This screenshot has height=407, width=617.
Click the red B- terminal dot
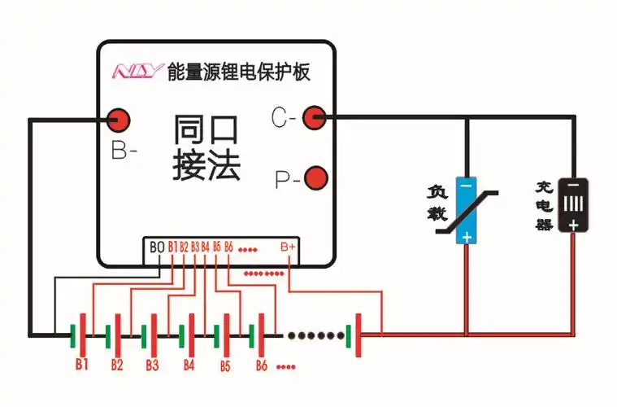(119, 119)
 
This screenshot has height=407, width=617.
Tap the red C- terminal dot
(314, 118)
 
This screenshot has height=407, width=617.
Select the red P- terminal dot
(315, 177)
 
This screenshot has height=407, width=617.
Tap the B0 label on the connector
(157, 247)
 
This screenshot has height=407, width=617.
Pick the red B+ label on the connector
(288, 247)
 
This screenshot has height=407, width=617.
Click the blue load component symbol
(466, 210)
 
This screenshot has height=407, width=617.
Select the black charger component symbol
(573, 206)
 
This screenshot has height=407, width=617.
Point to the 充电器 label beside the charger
(544, 206)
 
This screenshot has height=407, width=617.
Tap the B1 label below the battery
(81, 363)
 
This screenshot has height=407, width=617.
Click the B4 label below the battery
(189, 364)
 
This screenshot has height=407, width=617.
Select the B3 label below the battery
(152, 364)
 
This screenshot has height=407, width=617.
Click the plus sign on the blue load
(466, 236)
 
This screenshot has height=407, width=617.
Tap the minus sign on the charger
(573, 186)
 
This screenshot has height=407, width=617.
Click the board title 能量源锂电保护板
(238, 72)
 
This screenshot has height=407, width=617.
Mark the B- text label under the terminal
(124, 151)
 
